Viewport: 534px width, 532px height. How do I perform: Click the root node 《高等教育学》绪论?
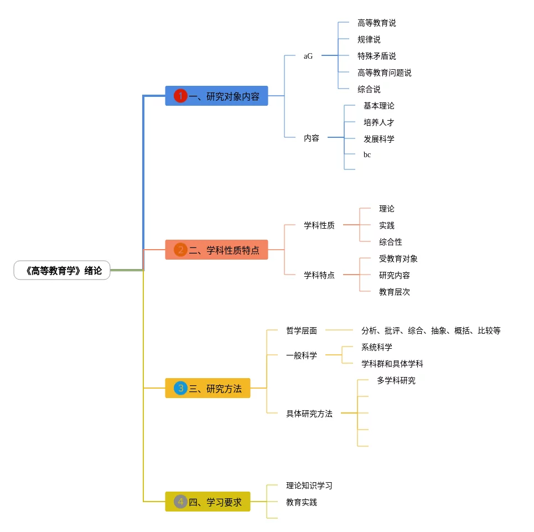pos(62,271)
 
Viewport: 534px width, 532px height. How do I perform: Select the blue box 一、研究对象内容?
pos(216,96)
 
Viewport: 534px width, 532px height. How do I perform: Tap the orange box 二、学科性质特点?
pos(216,250)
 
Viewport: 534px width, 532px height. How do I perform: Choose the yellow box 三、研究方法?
pos(208,388)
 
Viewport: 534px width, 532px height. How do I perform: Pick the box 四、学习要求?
pos(208,502)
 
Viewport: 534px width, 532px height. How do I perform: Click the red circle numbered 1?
pos(180,96)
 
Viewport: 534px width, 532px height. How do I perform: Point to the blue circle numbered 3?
pos(180,388)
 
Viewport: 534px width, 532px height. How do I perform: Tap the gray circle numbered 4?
pos(180,502)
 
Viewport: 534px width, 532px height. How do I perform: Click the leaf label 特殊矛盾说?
pos(376,56)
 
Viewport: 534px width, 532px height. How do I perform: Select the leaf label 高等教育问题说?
pos(384,73)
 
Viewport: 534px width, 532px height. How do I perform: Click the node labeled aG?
pos(308,56)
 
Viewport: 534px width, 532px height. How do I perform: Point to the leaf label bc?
pos(367,154)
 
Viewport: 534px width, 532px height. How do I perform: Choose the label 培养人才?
pos(379,122)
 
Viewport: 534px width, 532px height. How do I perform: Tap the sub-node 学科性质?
pos(319,225)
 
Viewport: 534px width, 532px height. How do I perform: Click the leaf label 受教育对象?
pos(398,259)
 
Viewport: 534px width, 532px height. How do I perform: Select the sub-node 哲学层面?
pos(301,330)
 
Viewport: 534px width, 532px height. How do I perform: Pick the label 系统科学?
pos(376,347)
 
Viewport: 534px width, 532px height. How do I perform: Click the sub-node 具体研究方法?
pos(309,414)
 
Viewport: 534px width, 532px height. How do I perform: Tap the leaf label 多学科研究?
pos(396,380)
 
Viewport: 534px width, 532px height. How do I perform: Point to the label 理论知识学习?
pos(309,485)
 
